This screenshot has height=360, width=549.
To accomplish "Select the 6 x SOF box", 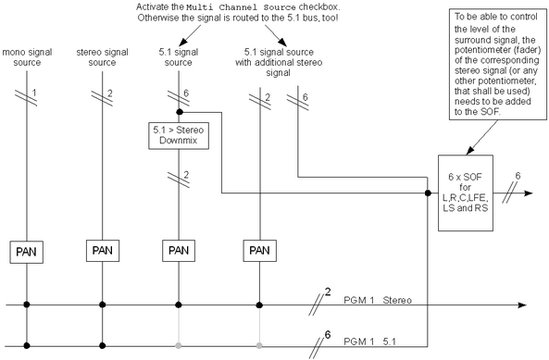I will click(x=465, y=190).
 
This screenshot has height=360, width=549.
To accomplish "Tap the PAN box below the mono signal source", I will click(x=26, y=250).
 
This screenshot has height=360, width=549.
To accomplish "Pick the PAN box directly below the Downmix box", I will click(x=177, y=250).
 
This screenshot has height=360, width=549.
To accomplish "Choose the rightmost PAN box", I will click(x=260, y=250).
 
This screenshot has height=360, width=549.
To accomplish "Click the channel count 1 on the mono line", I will click(x=34, y=93).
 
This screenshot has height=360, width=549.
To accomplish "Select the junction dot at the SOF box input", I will click(x=427, y=194).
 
